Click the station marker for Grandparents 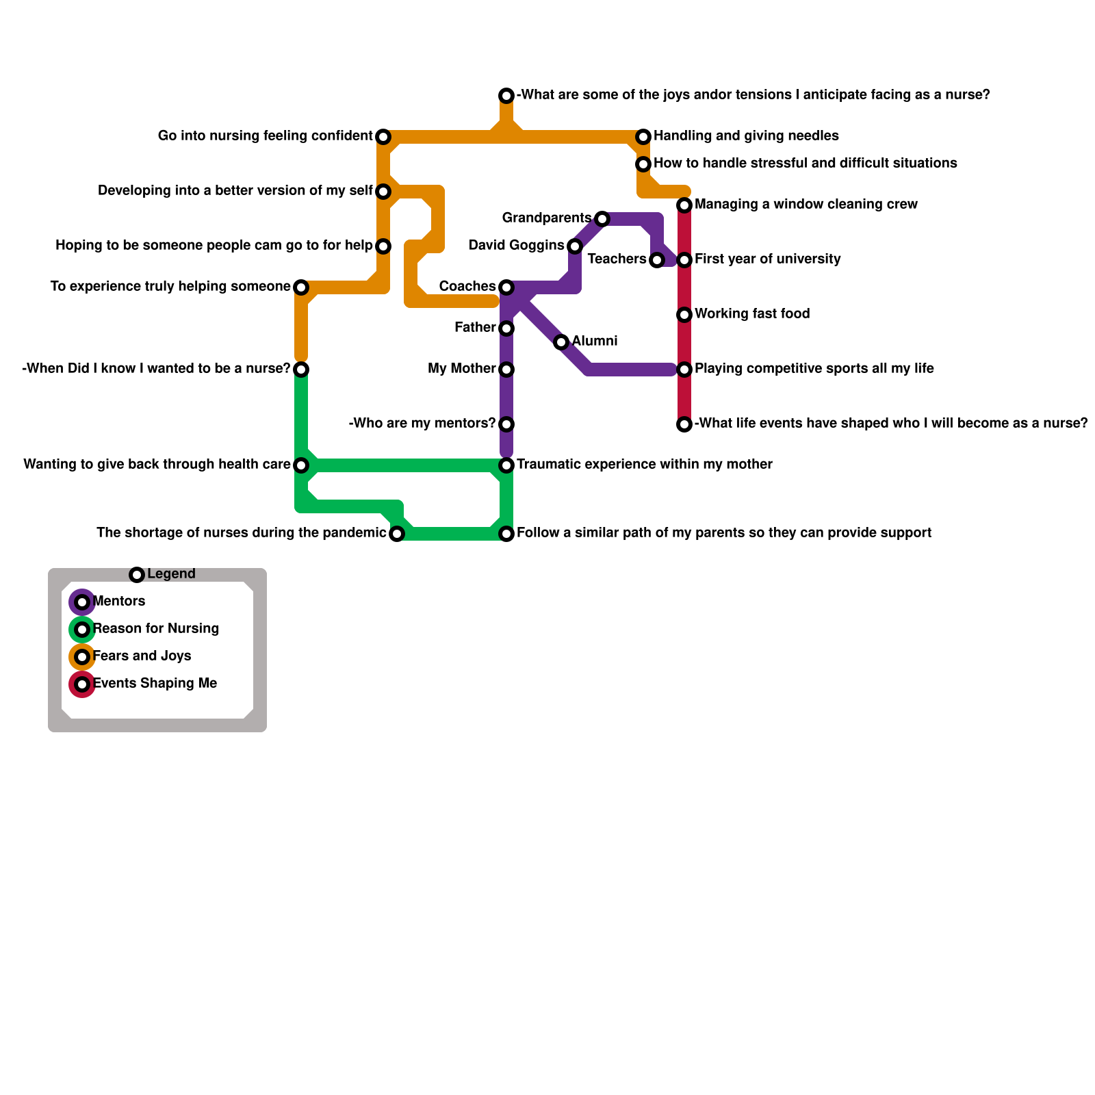point(602,219)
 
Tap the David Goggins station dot point(575,246)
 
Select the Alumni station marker point(561,342)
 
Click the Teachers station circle point(657,260)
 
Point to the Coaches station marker point(506,287)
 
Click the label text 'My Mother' point(461,369)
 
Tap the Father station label point(474,328)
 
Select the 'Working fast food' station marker point(684,315)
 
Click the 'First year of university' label point(767,259)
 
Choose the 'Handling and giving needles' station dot point(643,137)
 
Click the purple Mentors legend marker point(82,602)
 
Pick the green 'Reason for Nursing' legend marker point(82,630)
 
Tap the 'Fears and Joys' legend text point(142,656)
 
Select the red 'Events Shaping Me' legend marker point(82,684)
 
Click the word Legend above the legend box point(171,574)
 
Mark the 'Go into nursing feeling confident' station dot point(383,137)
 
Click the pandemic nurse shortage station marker point(397,534)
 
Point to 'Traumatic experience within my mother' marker point(506,465)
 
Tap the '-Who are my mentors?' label point(422,424)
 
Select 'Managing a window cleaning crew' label point(806,205)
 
